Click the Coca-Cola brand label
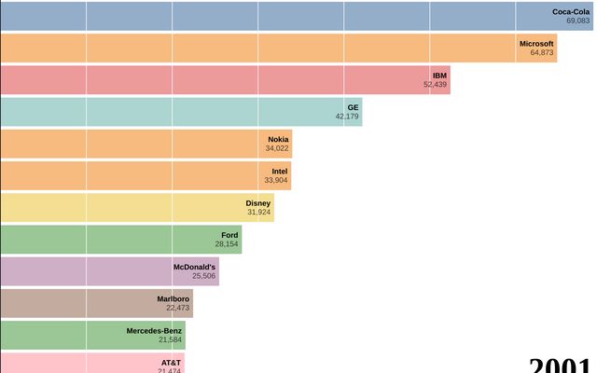pyautogui.click(x=571, y=11)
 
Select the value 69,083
pyautogui.click(x=577, y=21)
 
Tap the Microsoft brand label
pyautogui.click(x=536, y=43)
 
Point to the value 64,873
pyautogui.click(x=542, y=52)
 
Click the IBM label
pyautogui.click(x=439, y=75)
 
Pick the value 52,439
pyautogui.click(x=435, y=85)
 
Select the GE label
pyautogui.click(x=353, y=107)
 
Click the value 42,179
pyautogui.click(x=346, y=117)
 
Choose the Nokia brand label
pyautogui.click(x=278, y=139)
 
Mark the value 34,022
pyautogui.click(x=276, y=148)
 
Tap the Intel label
pyautogui.click(x=280, y=171)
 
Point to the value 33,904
pyautogui.click(x=276, y=181)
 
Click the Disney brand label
pyautogui.click(x=258, y=202)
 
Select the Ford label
pyautogui.click(x=229, y=235)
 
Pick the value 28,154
pyautogui.click(x=227, y=244)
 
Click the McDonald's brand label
pyautogui.click(x=194, y=267)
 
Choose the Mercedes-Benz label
pyautogui.click(x=156, y=330)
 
